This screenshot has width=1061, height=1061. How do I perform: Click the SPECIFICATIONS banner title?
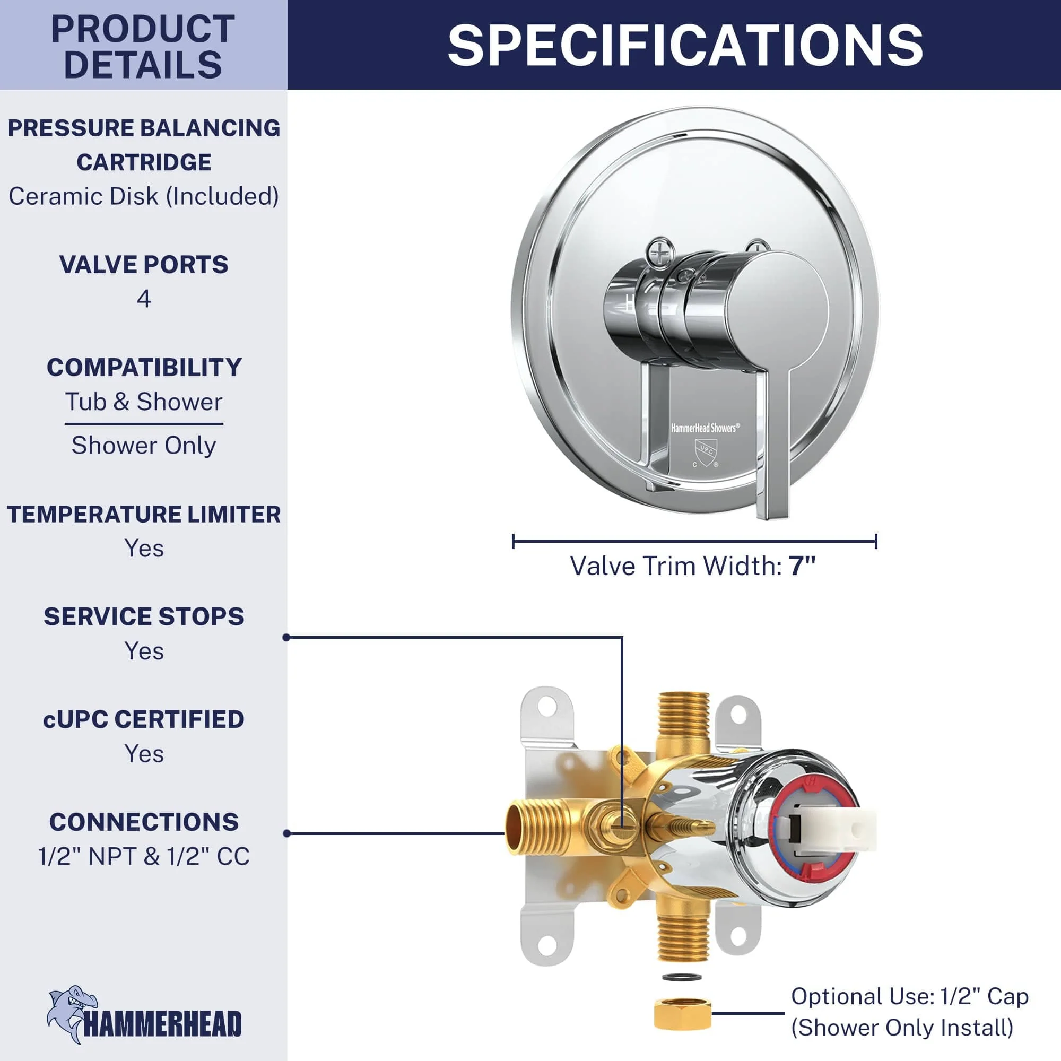click(685, 45)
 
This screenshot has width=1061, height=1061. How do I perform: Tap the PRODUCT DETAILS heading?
click(143, 47)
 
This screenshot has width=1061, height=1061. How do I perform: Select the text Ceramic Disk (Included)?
click(144, 196)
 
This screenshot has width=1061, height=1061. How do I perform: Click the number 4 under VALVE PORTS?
click(144, 298)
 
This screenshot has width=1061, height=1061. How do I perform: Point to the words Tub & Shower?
click(144, 402)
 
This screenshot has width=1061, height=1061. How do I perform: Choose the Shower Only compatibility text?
click(144, 445)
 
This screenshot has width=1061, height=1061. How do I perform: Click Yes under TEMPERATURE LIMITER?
click(144, 547)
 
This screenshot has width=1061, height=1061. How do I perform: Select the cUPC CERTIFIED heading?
click(144, 719)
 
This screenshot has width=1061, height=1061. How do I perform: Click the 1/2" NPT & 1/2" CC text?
click(144, 856)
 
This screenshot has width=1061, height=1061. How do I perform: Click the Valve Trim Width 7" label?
click(693, 566)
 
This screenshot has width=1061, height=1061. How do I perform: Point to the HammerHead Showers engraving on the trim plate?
click(705, 428)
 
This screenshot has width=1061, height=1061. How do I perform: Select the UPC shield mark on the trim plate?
click(706, 453)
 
